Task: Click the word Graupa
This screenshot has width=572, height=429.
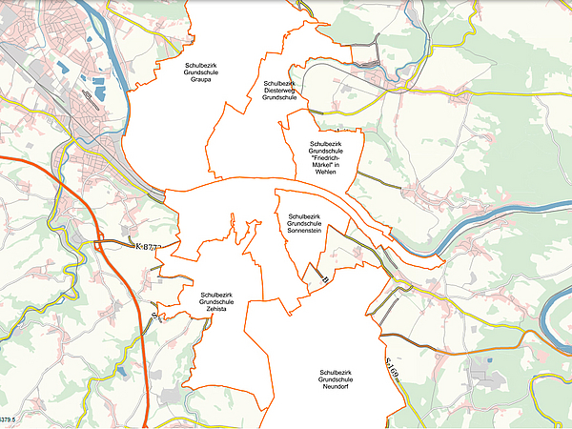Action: coord(201,79)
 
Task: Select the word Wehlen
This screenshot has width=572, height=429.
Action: coord(325,172)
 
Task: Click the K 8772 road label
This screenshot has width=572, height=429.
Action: coord(151,247)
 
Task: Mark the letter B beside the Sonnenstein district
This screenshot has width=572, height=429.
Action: coord(324,279)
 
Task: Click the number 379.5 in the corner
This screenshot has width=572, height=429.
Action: coord(10,419)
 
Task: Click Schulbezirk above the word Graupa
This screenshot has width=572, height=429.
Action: coord(201,64)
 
